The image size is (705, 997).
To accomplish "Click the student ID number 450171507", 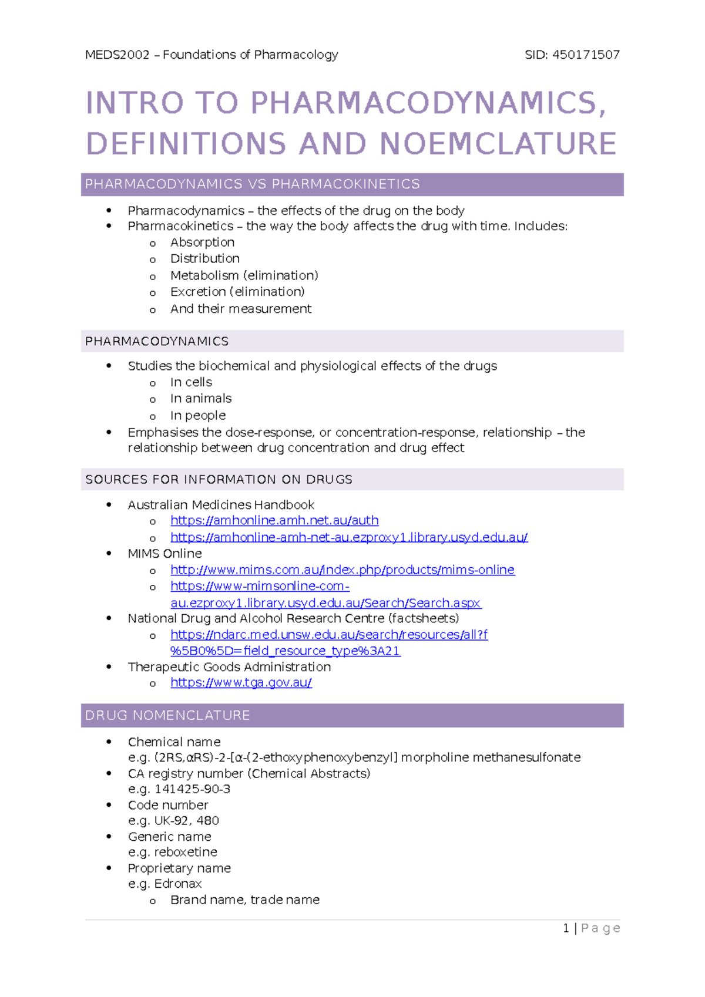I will coord(586,55).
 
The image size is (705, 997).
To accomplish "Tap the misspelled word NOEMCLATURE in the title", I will coord(498,144).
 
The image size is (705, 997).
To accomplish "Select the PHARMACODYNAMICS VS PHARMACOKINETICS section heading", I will coord(253,184).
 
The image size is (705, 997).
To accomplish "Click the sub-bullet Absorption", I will coord(202,242).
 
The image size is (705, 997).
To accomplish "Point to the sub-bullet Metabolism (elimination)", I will coord(244,275).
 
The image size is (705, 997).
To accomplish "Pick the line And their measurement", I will coord(241,309).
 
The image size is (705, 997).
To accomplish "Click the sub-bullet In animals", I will coord(201,399).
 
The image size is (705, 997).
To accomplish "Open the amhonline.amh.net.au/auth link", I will coord(274,521).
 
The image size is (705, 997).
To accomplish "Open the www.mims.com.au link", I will coord(343,570).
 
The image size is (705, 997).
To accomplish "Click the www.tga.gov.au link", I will coord(241,683).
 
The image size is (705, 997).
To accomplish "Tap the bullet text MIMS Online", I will coord(164,554).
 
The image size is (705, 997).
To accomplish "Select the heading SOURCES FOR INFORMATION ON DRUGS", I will coord(219,480).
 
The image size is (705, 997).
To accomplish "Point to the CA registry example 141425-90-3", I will coord(192,789).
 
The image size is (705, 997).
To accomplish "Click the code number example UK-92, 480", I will coord(186,821).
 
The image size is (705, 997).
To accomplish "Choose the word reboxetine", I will coord(186,853).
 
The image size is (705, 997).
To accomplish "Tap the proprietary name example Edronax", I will coord(178,884).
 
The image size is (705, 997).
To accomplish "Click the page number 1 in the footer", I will coord(566,928).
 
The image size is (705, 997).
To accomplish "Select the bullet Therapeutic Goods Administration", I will coord(229,667).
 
